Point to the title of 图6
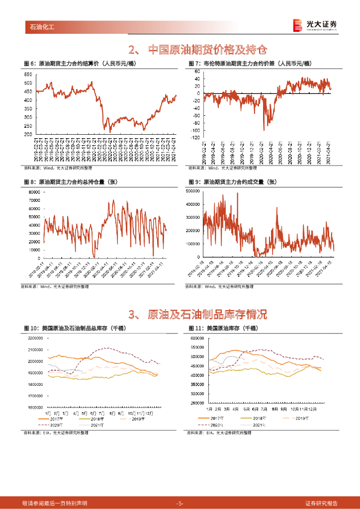coord(80,64)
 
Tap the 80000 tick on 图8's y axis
coord(33,192)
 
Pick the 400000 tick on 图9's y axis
coord(192,204)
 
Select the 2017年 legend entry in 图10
coord(53,419)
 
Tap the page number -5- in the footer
coord(180,503)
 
